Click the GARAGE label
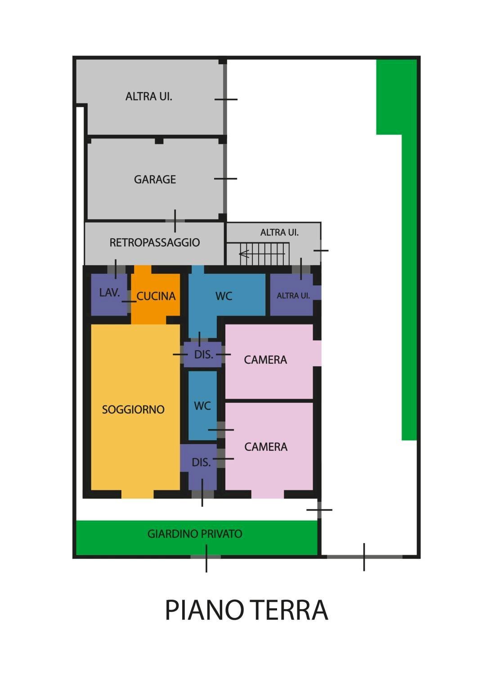pyautogui.click(x=155, y=179)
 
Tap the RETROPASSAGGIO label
pyautogui.click(x=155, y=242)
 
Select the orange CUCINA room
pyautogui.click(x=156, y=295)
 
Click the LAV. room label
pyautogui.click(x=109, y=293)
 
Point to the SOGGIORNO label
pyautogui.click(x=133, y=410)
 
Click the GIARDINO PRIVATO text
pyautogui.click(x=195, y=534)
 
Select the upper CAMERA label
pyautogui.click(x=265, y=360)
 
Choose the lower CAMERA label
pyautogui.click(x=266, y=447)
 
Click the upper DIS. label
pyautogui.click(x=203, y=355)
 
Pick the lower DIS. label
pyautogui.click(x=201, y=463)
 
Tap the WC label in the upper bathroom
pyautogui.click(x=224, y=296)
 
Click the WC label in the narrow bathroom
pyautogui.click(x=202, y=406)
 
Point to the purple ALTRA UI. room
pyautogui.click(x=293, y=295)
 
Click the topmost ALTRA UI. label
pyautogui.click(x=148, y=97)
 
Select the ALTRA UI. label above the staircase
pyautogui.click(x=279, y=232)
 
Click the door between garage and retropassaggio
pyautogui.click(x=175, y=221)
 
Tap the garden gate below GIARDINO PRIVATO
pyautogui.click(x=206, y=556)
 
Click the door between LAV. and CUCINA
pyautogui.click(x=129, y=301)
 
